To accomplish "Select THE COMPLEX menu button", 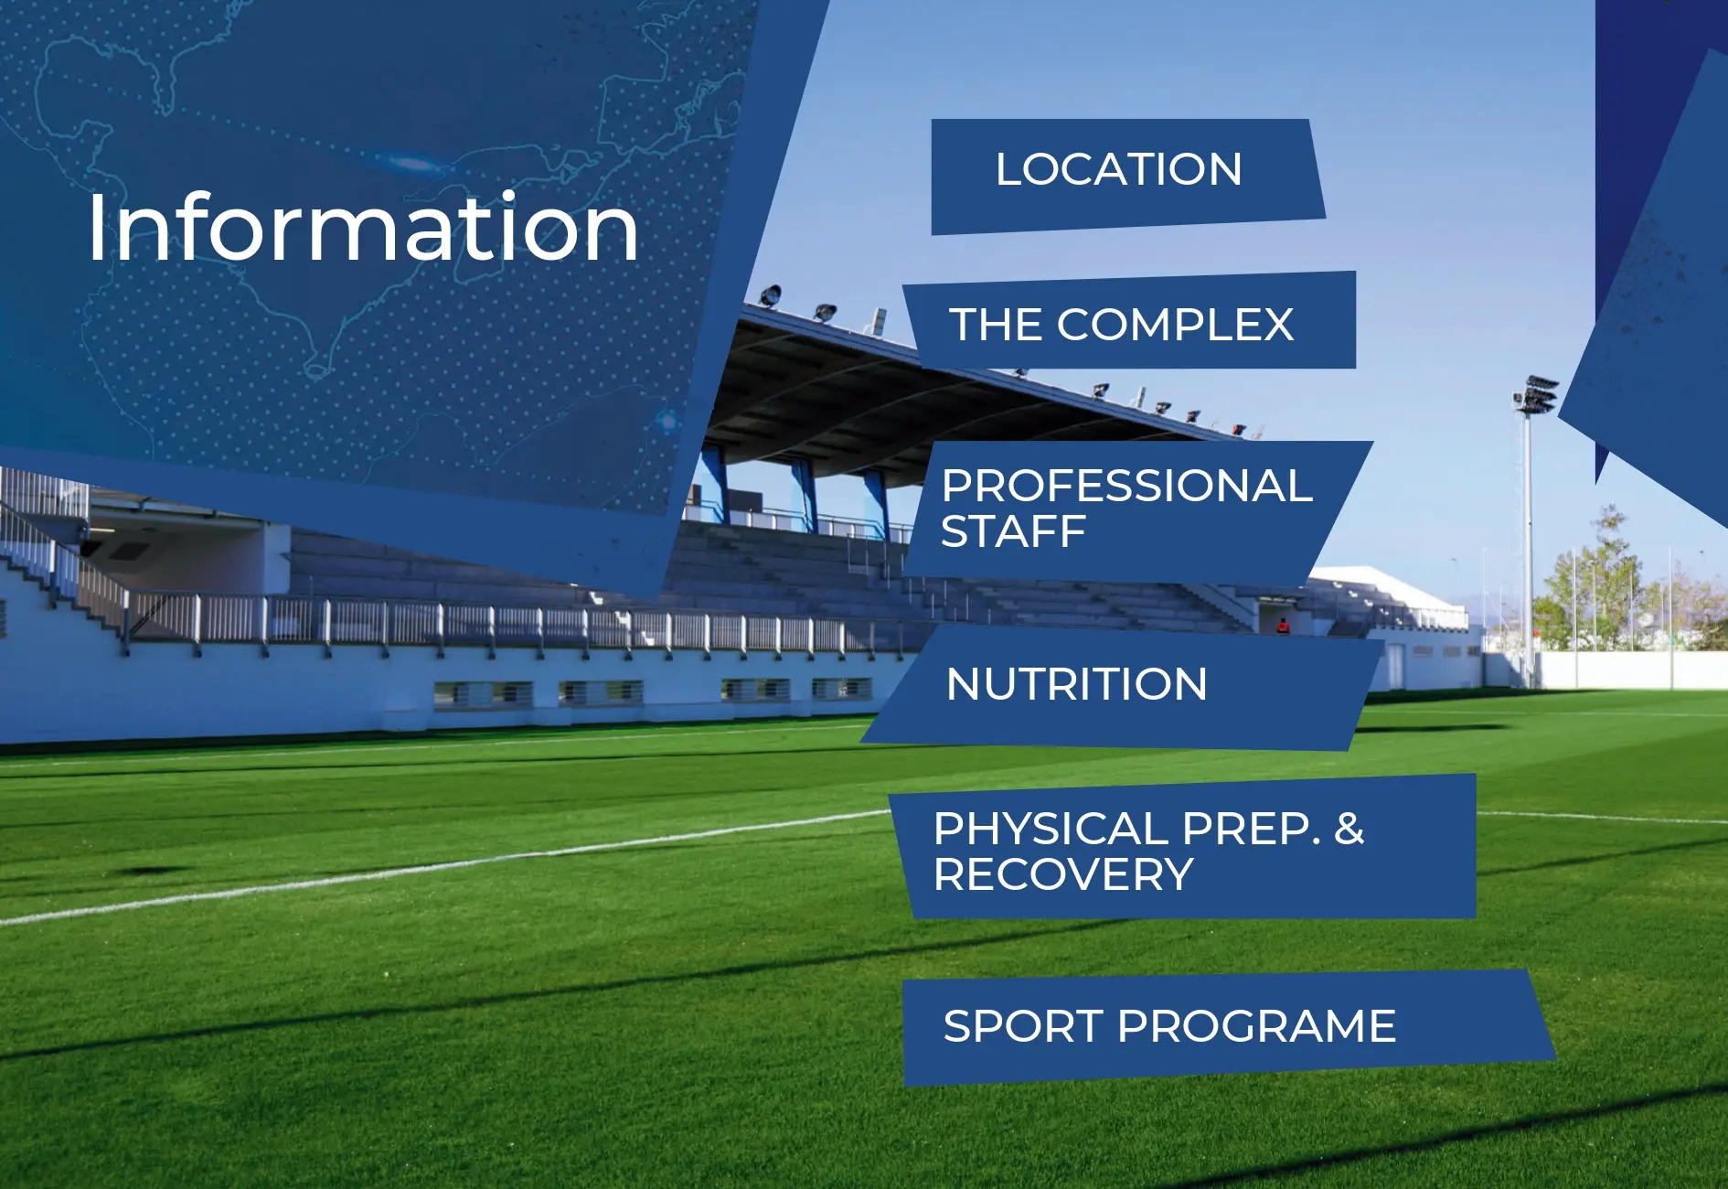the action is (1130, 322).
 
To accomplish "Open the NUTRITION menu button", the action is (1123, 686).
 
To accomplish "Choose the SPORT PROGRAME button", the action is (1227, 1028).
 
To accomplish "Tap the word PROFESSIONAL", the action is (1127, 486).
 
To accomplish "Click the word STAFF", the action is (1013, 531).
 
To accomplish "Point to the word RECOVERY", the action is (1063, 874).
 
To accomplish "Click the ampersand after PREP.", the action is (1349, 829).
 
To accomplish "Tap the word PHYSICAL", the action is (1051, 829).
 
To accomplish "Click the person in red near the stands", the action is (1283, 626).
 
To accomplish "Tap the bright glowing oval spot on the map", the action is (411, 165).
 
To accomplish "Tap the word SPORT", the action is (1022, 1026).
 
